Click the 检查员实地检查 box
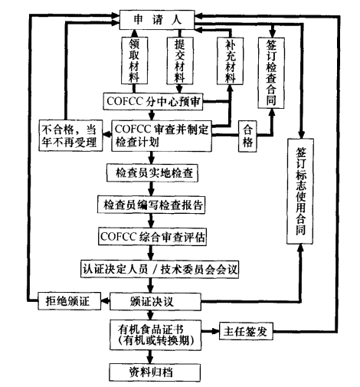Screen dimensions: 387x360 coord(154,173)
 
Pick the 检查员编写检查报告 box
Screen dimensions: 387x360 coord(154,206)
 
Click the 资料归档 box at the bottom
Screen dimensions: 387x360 coord(154,372)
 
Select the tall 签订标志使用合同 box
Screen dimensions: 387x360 coord(299,191)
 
